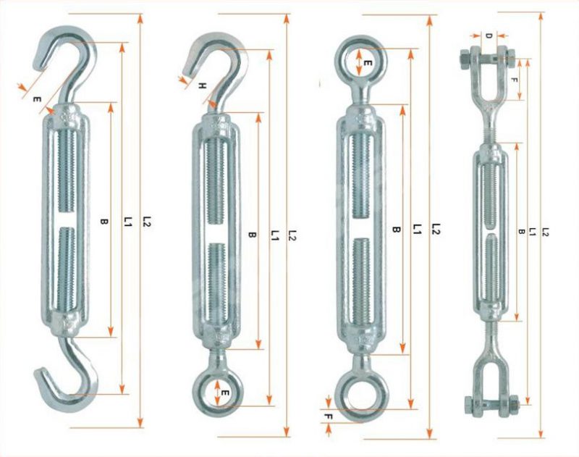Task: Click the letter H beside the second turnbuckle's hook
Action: click(x=202, y=85)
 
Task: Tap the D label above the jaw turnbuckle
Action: click(x=489, y=35)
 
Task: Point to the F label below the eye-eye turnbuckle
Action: click(x=329, y=417)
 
